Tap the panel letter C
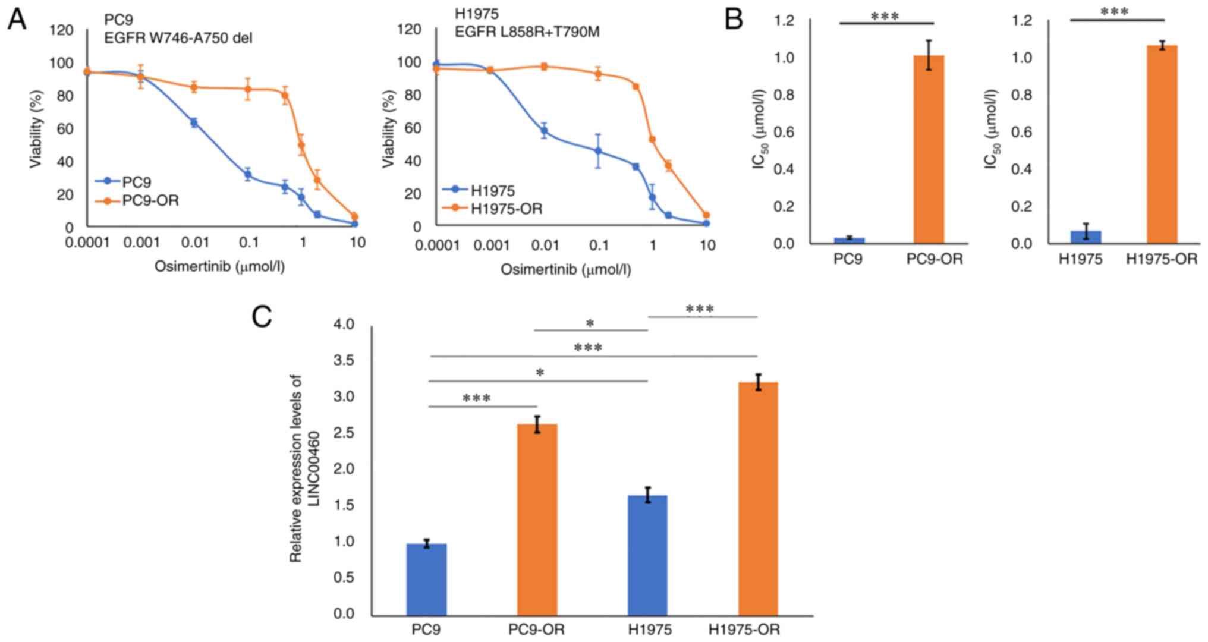tap(262, 317)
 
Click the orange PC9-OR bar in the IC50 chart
tap(929, 149)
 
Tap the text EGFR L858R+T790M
tap(527, 32)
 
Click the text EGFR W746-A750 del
tap(178, 38)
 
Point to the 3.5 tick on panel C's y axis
tap(343, 361)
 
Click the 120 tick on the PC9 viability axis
tap(61, 30)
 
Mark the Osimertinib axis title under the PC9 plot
tap(219, 266)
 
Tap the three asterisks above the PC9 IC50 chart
tap(885, 17)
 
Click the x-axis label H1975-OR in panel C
tap(744, 630)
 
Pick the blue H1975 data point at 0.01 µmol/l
tap(544, 131)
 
